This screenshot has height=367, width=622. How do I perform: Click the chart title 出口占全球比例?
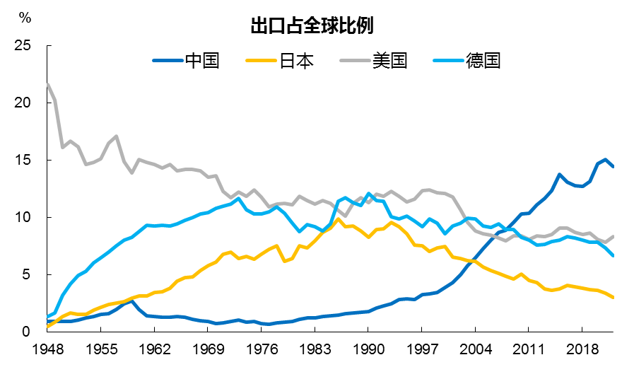[312, 27]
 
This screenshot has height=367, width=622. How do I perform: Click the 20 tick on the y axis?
[23, 103]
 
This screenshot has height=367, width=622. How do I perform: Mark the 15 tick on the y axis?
[23, 161]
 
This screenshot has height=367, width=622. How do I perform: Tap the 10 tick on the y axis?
[23, 217]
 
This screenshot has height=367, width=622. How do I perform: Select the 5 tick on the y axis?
[28, 274]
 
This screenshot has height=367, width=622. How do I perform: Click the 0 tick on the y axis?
[28, 332]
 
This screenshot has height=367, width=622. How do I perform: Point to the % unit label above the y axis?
[25, 16]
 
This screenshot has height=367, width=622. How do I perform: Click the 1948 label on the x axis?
[47, 349]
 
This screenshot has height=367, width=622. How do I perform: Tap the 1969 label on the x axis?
[207, 349]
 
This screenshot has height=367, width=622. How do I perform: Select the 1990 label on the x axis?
[368, 349]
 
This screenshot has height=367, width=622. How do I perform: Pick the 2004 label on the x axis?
[474, 349]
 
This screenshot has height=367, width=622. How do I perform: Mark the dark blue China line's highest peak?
[605, 160]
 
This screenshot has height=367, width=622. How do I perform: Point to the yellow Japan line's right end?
[613, 298]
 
